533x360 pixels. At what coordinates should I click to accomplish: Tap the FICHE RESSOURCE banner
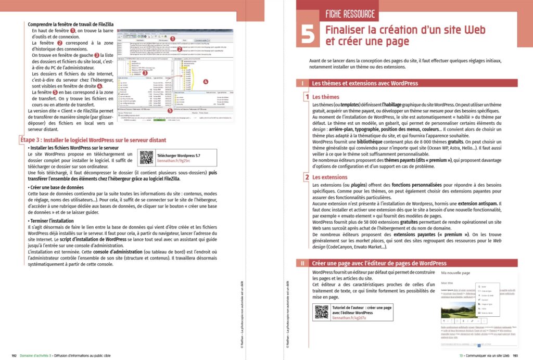coord(350,14)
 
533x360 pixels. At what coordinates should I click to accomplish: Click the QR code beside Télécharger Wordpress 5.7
coord(146,157)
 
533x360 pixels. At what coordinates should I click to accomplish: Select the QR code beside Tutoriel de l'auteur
coord(321,312)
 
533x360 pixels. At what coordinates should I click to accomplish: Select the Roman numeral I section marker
coord(302,83)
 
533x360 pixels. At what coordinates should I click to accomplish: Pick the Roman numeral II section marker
coord(302,263)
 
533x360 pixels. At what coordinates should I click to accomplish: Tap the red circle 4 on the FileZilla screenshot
coord(206,82)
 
